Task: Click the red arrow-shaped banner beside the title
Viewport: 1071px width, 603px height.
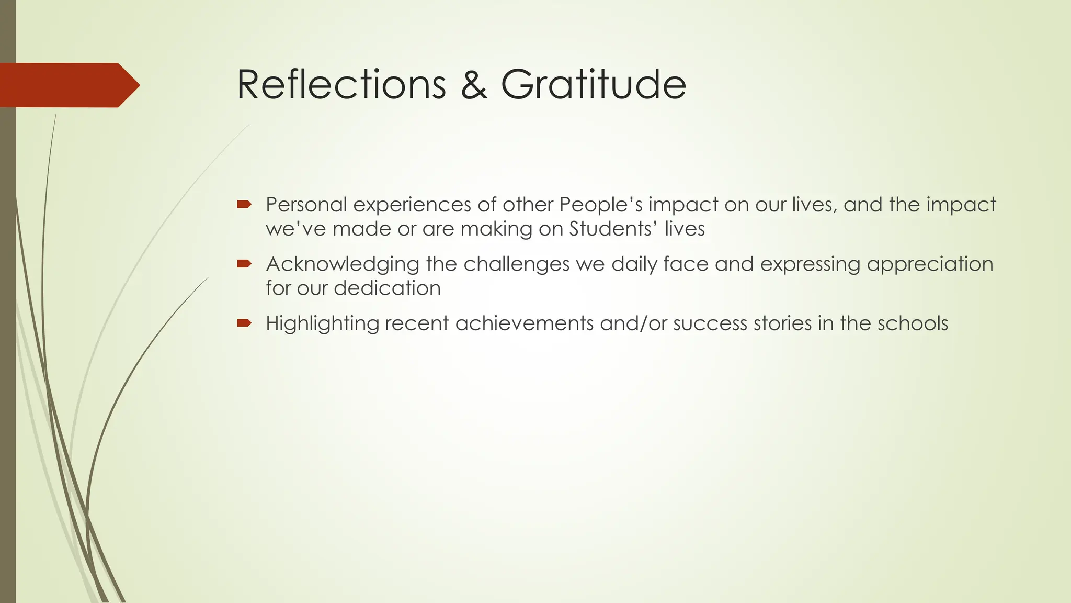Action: pos(68,85)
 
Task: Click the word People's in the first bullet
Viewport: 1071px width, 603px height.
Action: pos(601,204)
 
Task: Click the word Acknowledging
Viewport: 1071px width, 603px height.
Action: pos(342,264)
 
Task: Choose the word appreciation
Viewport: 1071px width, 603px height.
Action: pos(930,264)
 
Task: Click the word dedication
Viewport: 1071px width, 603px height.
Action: pos(387,288)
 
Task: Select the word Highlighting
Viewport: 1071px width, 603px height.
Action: pos(322,324)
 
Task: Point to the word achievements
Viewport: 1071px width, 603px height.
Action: pos(525,323)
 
